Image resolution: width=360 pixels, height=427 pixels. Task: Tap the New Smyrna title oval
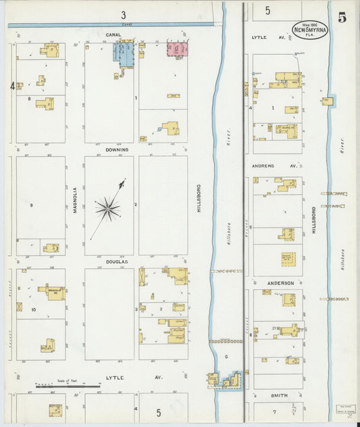[x=310, y=29]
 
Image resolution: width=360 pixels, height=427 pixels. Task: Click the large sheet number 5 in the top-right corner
[x=342, y=18]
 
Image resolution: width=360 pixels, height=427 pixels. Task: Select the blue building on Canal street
[x=124, y=53]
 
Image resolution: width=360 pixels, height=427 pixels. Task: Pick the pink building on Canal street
[x=177, y=49]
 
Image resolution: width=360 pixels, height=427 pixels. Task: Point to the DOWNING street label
[x=118, y=149]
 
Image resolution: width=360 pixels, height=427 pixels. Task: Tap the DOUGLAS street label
[x=118, y=261]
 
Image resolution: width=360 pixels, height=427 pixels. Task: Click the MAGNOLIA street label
[x=75, y=201]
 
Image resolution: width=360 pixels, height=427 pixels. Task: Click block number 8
[x=29, y=99]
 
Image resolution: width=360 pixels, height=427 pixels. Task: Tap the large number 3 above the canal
[x=123, y=14]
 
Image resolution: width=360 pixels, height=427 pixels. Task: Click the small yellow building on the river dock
[x=328, y=101]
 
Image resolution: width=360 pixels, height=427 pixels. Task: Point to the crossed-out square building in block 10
[x=20, y=307]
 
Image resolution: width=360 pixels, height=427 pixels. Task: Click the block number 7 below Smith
[x=274, y=411]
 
